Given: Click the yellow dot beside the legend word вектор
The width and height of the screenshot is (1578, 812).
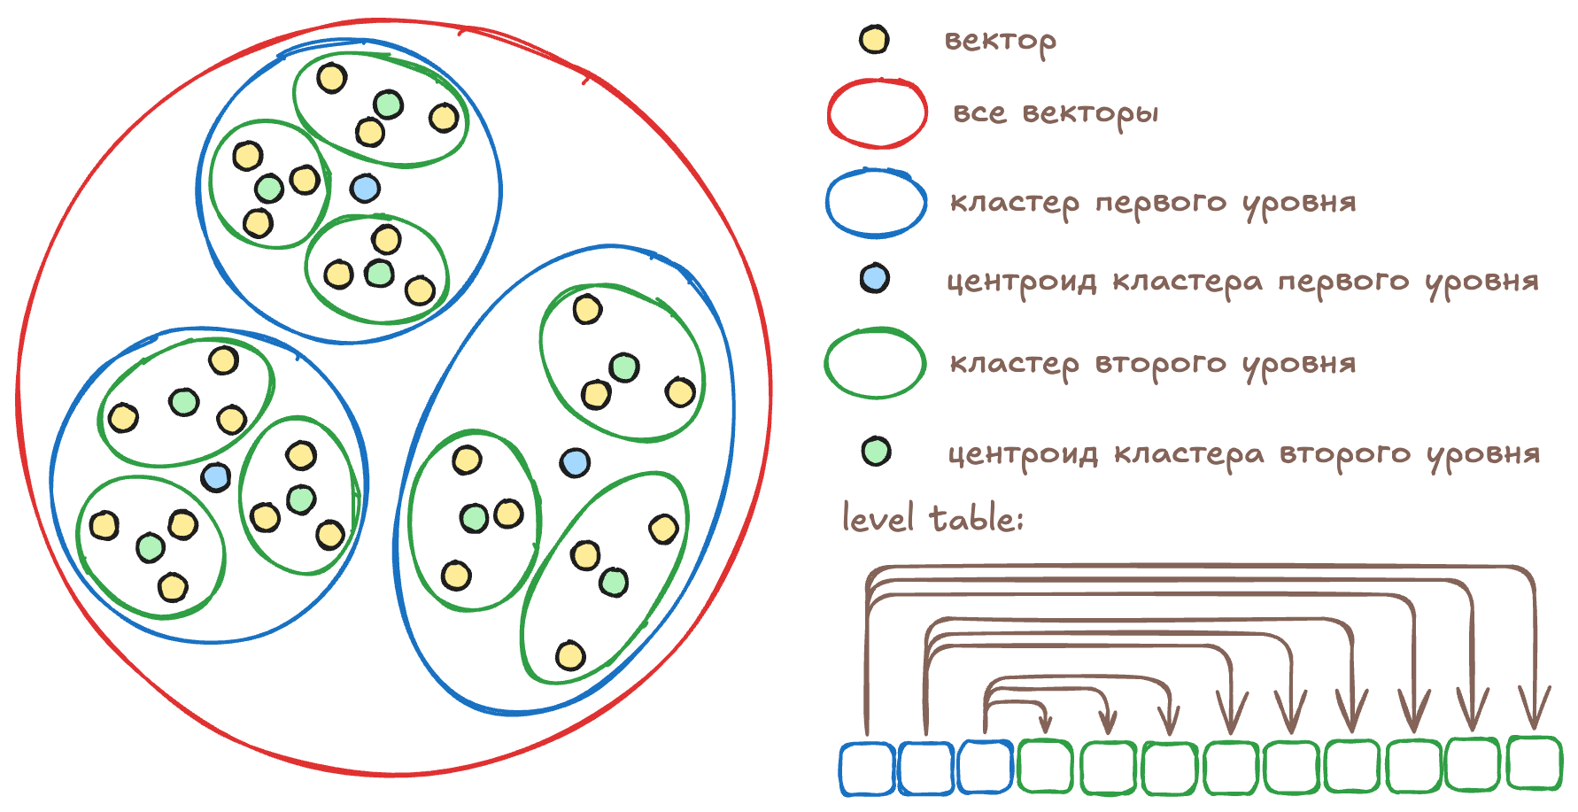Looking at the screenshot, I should point(874,40).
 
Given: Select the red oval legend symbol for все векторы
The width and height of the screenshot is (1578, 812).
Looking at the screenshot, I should point(877,113).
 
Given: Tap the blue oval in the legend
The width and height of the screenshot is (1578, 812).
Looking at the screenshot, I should point(877,204).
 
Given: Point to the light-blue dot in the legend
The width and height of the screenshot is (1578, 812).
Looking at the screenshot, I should point(874,279).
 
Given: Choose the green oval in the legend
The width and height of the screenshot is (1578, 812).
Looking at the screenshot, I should point(875,363).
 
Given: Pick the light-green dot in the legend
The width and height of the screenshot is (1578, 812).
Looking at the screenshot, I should point(876,452).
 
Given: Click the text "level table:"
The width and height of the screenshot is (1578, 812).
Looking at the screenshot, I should point(932,518).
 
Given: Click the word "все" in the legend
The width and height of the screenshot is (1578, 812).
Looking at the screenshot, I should point(979,113).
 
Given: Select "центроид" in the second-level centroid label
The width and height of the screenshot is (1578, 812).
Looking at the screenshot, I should point(1023,455).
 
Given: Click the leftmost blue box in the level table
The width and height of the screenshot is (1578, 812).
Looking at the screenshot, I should point(866,768).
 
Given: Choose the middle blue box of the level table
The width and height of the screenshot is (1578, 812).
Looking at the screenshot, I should point(925,768).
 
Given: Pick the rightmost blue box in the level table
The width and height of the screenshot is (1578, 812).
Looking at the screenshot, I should point(985,767).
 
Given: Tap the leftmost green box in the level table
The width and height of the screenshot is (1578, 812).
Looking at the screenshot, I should point(1046,766).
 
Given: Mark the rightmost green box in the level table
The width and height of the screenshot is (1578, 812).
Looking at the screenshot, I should point(1534,762).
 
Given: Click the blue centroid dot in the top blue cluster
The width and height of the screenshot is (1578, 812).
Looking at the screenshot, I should point(365,188).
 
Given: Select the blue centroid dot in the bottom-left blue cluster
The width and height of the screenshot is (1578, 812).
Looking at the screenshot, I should point(216,477).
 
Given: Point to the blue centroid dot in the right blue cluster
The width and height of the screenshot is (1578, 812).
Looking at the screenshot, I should point(575,462).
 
